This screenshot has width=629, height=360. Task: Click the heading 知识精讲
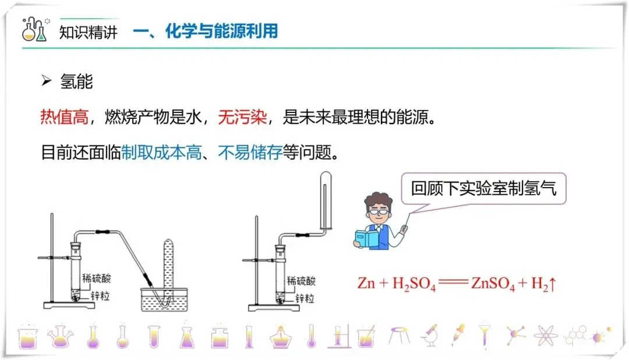coord(89,31)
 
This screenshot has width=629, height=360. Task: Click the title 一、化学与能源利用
coord(205,31)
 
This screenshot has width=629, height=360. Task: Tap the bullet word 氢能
coord(76,82)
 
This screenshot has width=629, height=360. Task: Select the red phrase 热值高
coord(65,118)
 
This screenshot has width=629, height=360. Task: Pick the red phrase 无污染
coord(242,118)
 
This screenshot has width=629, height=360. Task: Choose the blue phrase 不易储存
coord(250,153)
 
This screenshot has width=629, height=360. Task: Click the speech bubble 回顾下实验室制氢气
coord(483,189)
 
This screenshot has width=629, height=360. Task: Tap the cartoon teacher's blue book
coord(369,238)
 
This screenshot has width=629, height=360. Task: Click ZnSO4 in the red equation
coord(492,285)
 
